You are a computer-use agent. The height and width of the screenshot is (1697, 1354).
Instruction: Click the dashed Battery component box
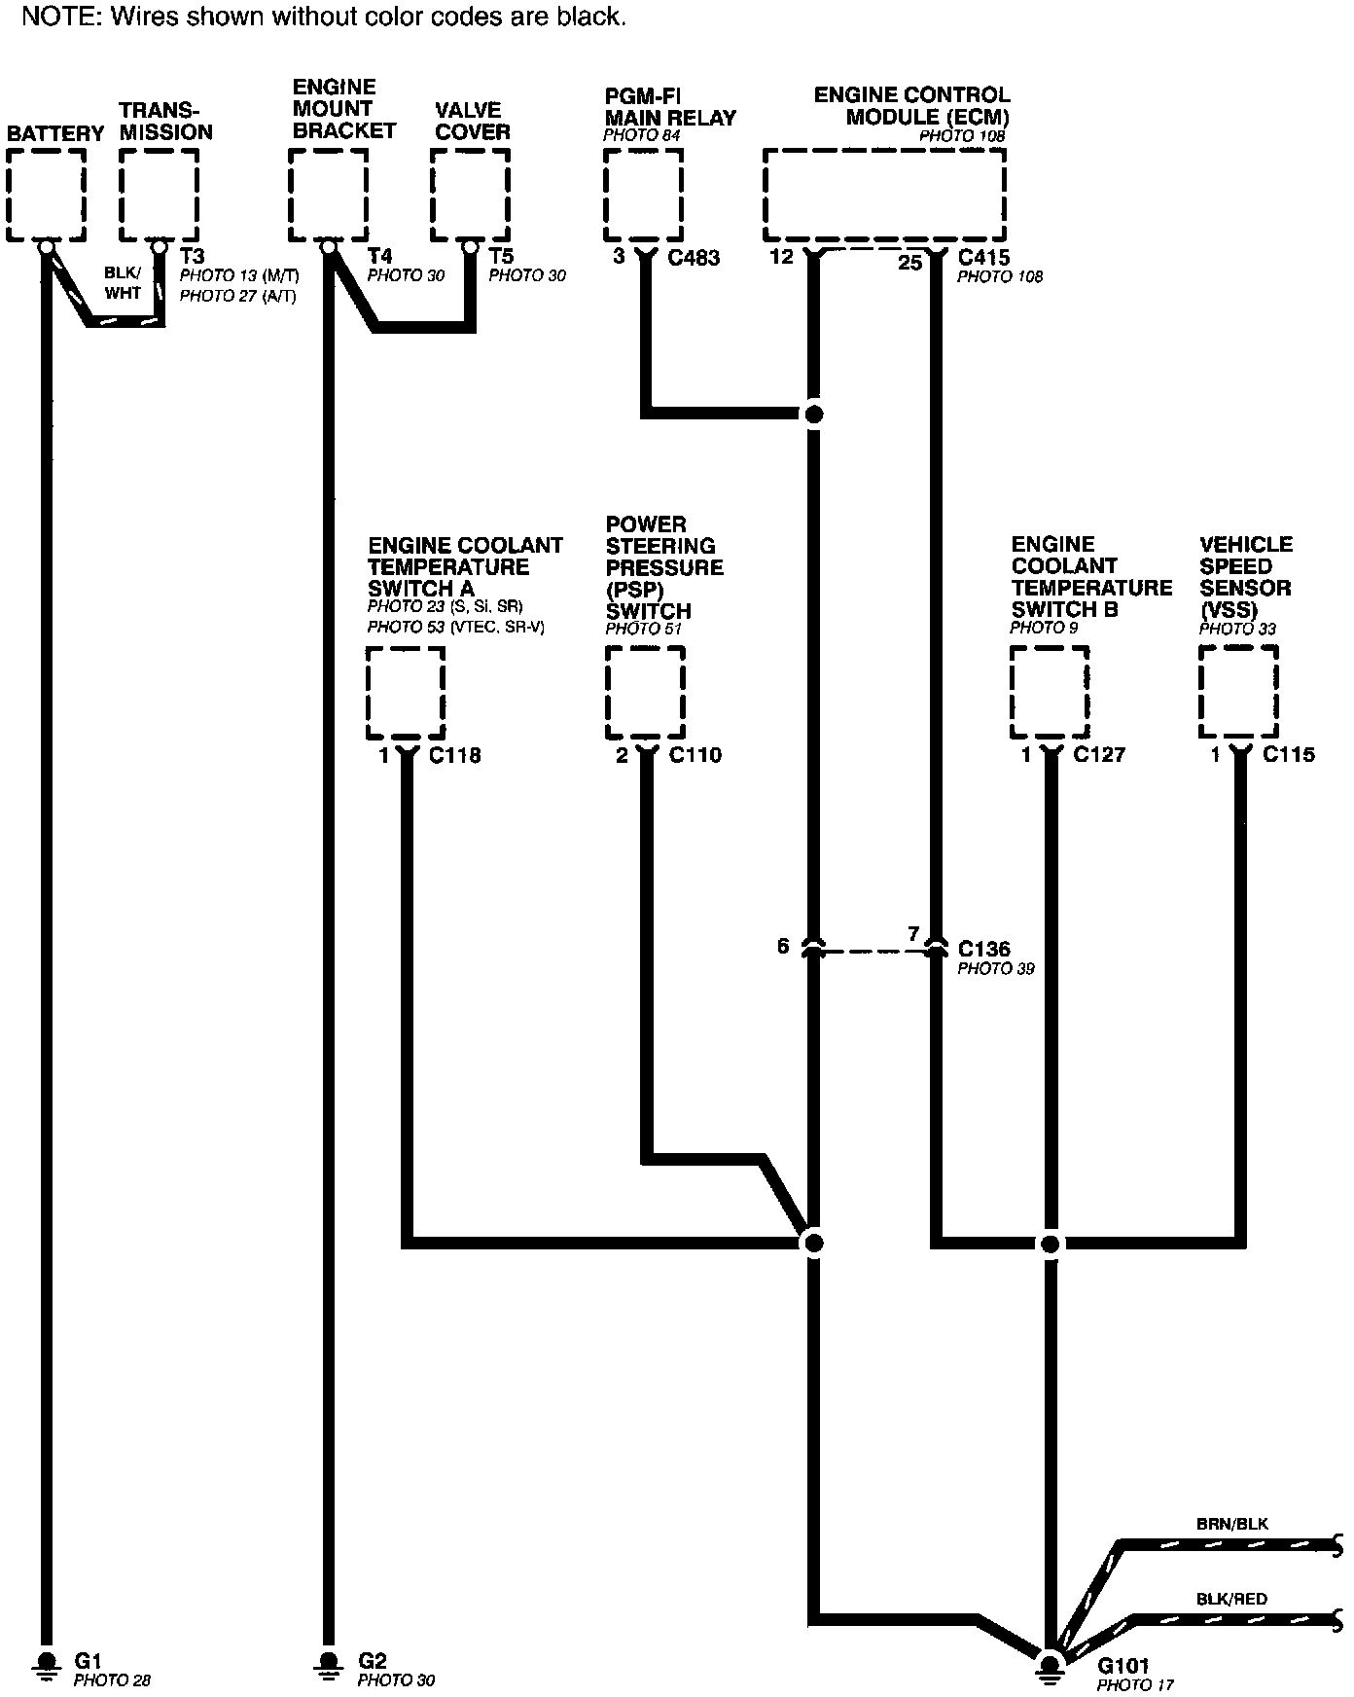tap(46, 195)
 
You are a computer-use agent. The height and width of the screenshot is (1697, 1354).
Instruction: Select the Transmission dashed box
tap(160, 195)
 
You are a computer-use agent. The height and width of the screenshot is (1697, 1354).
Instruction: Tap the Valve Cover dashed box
tap(471, 195)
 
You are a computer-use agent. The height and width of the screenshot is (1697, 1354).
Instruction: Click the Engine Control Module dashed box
tap(884, 195)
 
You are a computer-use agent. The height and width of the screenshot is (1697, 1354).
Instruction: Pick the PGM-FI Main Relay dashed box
tap(643, 195)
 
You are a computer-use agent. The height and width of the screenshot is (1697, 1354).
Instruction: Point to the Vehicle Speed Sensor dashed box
tap(1238, 693)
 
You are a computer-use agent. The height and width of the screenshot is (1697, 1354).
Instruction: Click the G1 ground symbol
tap(46, 1662)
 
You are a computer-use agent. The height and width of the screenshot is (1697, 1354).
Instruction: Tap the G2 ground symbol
tap(329, 1662)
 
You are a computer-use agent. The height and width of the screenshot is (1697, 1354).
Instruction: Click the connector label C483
tap(694, 258)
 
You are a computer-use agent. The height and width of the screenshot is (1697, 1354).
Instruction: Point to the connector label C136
tap(984, 949)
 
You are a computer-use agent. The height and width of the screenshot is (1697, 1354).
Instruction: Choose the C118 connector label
tap(454, 755)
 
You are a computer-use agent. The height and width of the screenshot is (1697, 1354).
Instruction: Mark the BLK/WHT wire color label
tap(123, 283)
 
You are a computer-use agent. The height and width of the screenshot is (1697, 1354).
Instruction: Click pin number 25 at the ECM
tap(909, 263)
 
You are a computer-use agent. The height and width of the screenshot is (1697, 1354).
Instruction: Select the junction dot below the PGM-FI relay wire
tap(815, 415)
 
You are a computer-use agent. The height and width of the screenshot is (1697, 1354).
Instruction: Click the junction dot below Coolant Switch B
tap(1051, 1244)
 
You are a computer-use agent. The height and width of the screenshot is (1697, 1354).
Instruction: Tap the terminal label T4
tap(379, 257)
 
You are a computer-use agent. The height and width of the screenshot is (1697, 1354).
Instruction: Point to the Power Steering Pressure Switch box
tap(645, 693)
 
